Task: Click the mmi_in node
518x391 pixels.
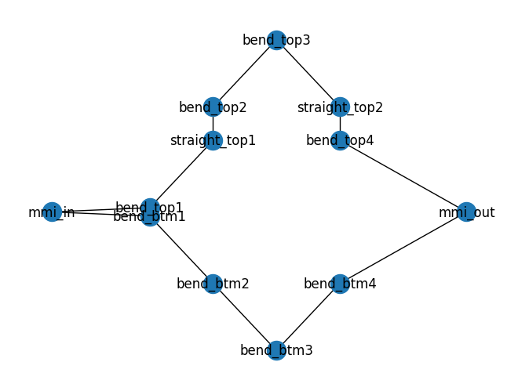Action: coord(52,212)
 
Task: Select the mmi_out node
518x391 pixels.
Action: coord(466,212)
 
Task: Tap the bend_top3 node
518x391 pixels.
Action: coord(276,40)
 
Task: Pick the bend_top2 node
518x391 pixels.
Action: coord(213,107)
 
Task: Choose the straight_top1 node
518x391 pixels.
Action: coord(213,141)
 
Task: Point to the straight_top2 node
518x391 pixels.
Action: coord(340,107)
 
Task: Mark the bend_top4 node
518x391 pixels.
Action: coord(340,141)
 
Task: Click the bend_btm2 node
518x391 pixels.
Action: coord(213,284)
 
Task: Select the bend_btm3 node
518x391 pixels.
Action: coord(276,350)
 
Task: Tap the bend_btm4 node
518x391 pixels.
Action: coord(340,284)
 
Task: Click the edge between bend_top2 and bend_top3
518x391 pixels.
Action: coord(244,74)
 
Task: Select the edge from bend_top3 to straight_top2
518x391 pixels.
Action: coord(308,74)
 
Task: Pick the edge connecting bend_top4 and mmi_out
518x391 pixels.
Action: coord(403,176)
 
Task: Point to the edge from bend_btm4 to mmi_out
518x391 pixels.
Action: coord(403,248)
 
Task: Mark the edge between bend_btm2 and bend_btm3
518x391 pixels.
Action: coord(244,317)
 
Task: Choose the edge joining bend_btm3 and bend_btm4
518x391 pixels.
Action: coord(308,317)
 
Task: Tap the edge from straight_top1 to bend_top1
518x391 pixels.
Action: coord(181,174)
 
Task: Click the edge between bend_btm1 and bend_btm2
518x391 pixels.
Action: coord(181,251)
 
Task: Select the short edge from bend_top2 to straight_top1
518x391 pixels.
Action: coord(213,124)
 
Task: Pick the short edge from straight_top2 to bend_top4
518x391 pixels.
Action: coord(340,124)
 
